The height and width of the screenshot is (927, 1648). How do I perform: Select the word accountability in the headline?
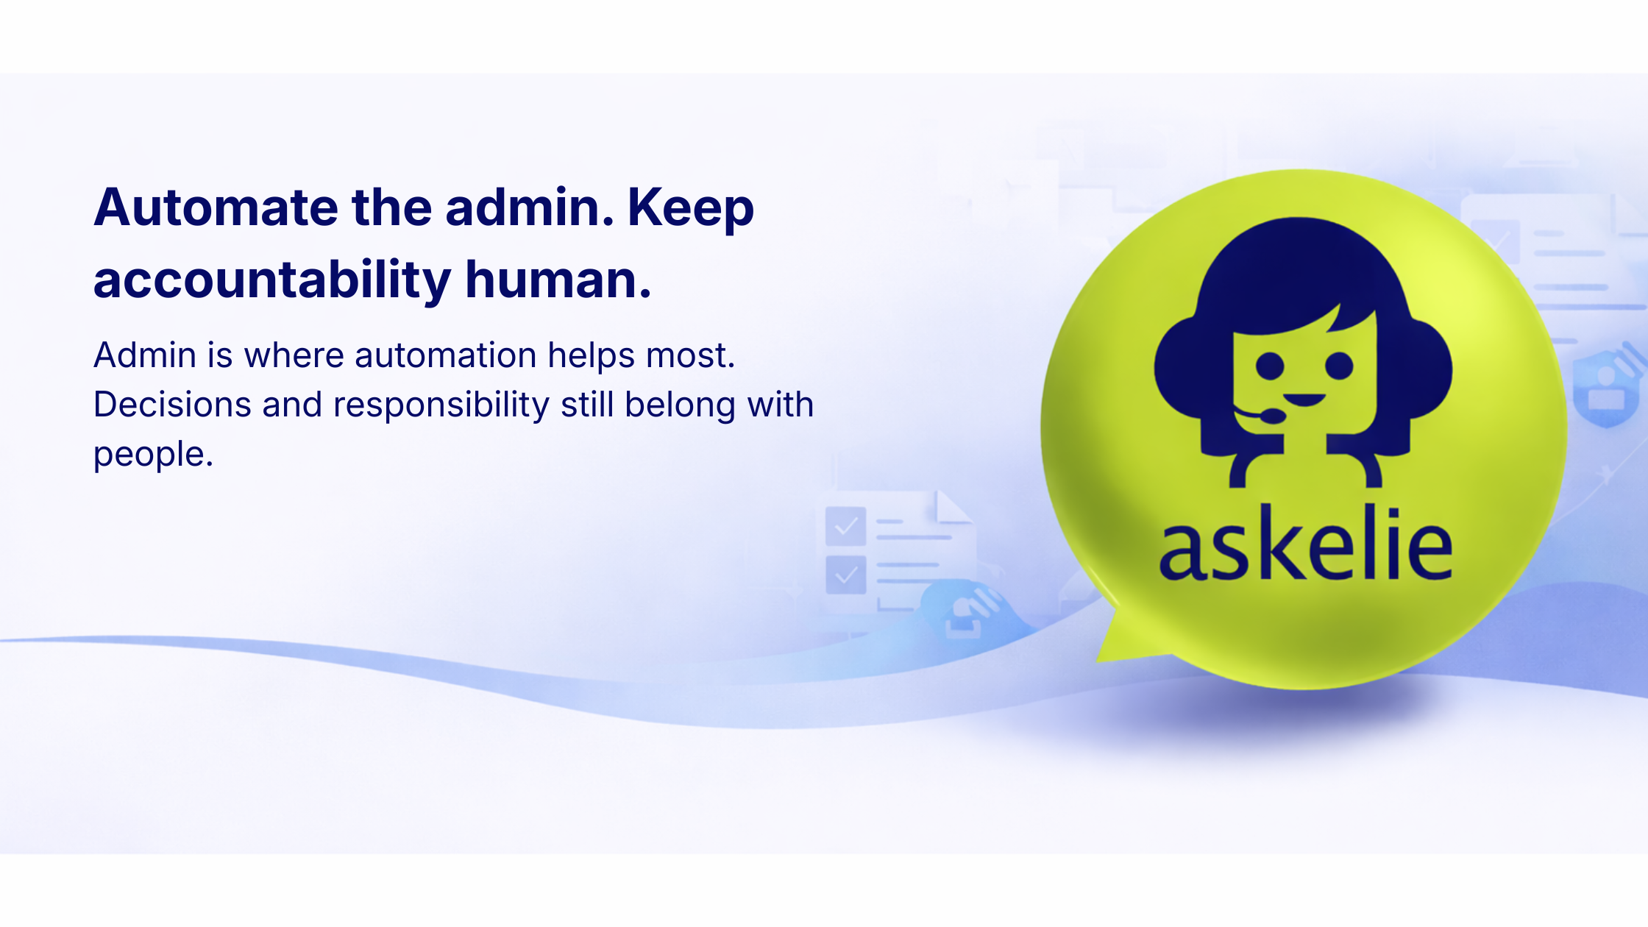[x=271, y=281]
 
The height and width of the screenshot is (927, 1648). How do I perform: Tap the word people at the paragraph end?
[x=152, y=455]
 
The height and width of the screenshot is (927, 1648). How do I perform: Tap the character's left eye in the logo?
[x=1269, y=366]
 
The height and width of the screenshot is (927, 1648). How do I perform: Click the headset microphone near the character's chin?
[x=1271, y=416]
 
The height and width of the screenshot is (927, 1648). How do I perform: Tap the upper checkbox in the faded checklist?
[x=845, y=526]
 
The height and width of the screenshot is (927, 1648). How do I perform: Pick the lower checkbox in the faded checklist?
[x=845, y=575]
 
